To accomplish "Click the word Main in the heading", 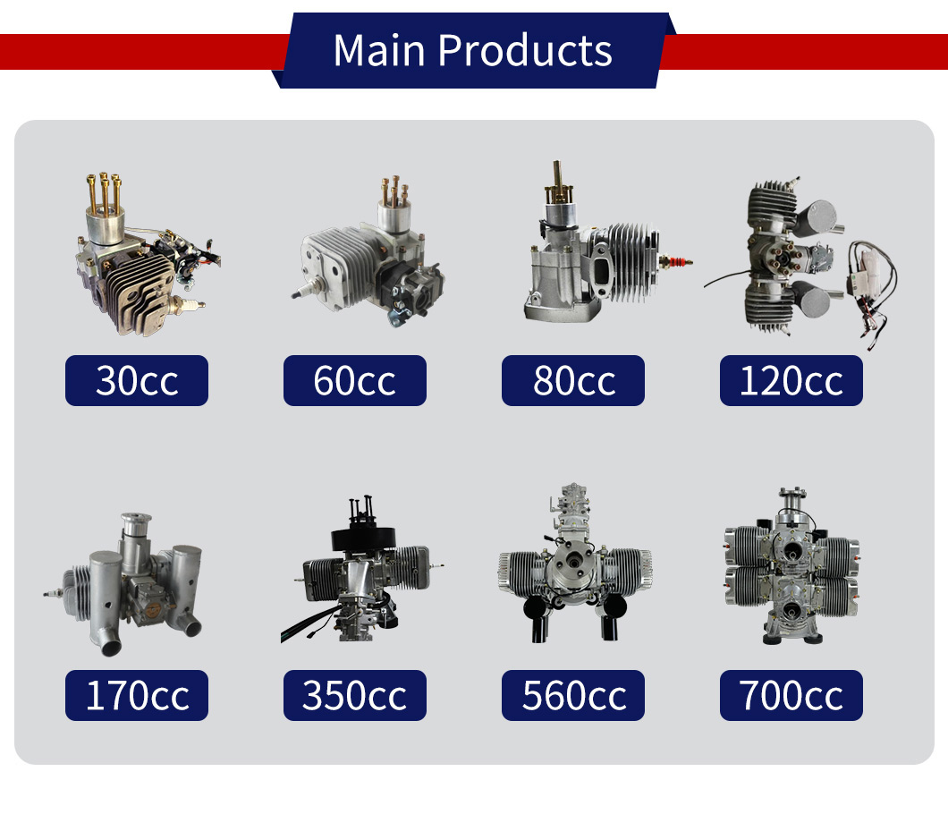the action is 379,50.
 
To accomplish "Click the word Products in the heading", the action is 525,50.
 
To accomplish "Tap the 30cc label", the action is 137,380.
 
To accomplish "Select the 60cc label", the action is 355,380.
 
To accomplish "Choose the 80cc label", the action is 573,380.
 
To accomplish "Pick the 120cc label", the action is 791,380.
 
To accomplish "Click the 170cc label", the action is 137,695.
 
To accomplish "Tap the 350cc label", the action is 355,695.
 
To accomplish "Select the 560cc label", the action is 573,695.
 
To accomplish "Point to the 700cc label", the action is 791,695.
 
